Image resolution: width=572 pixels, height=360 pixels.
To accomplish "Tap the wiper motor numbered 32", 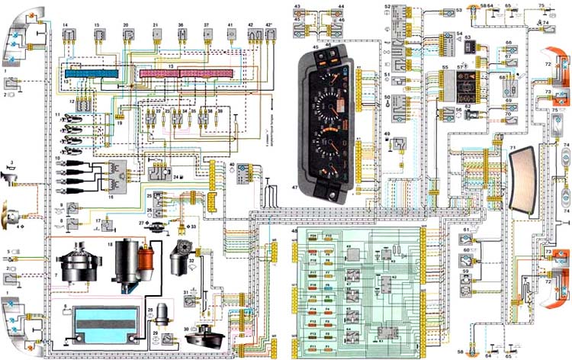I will click(183, 252).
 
